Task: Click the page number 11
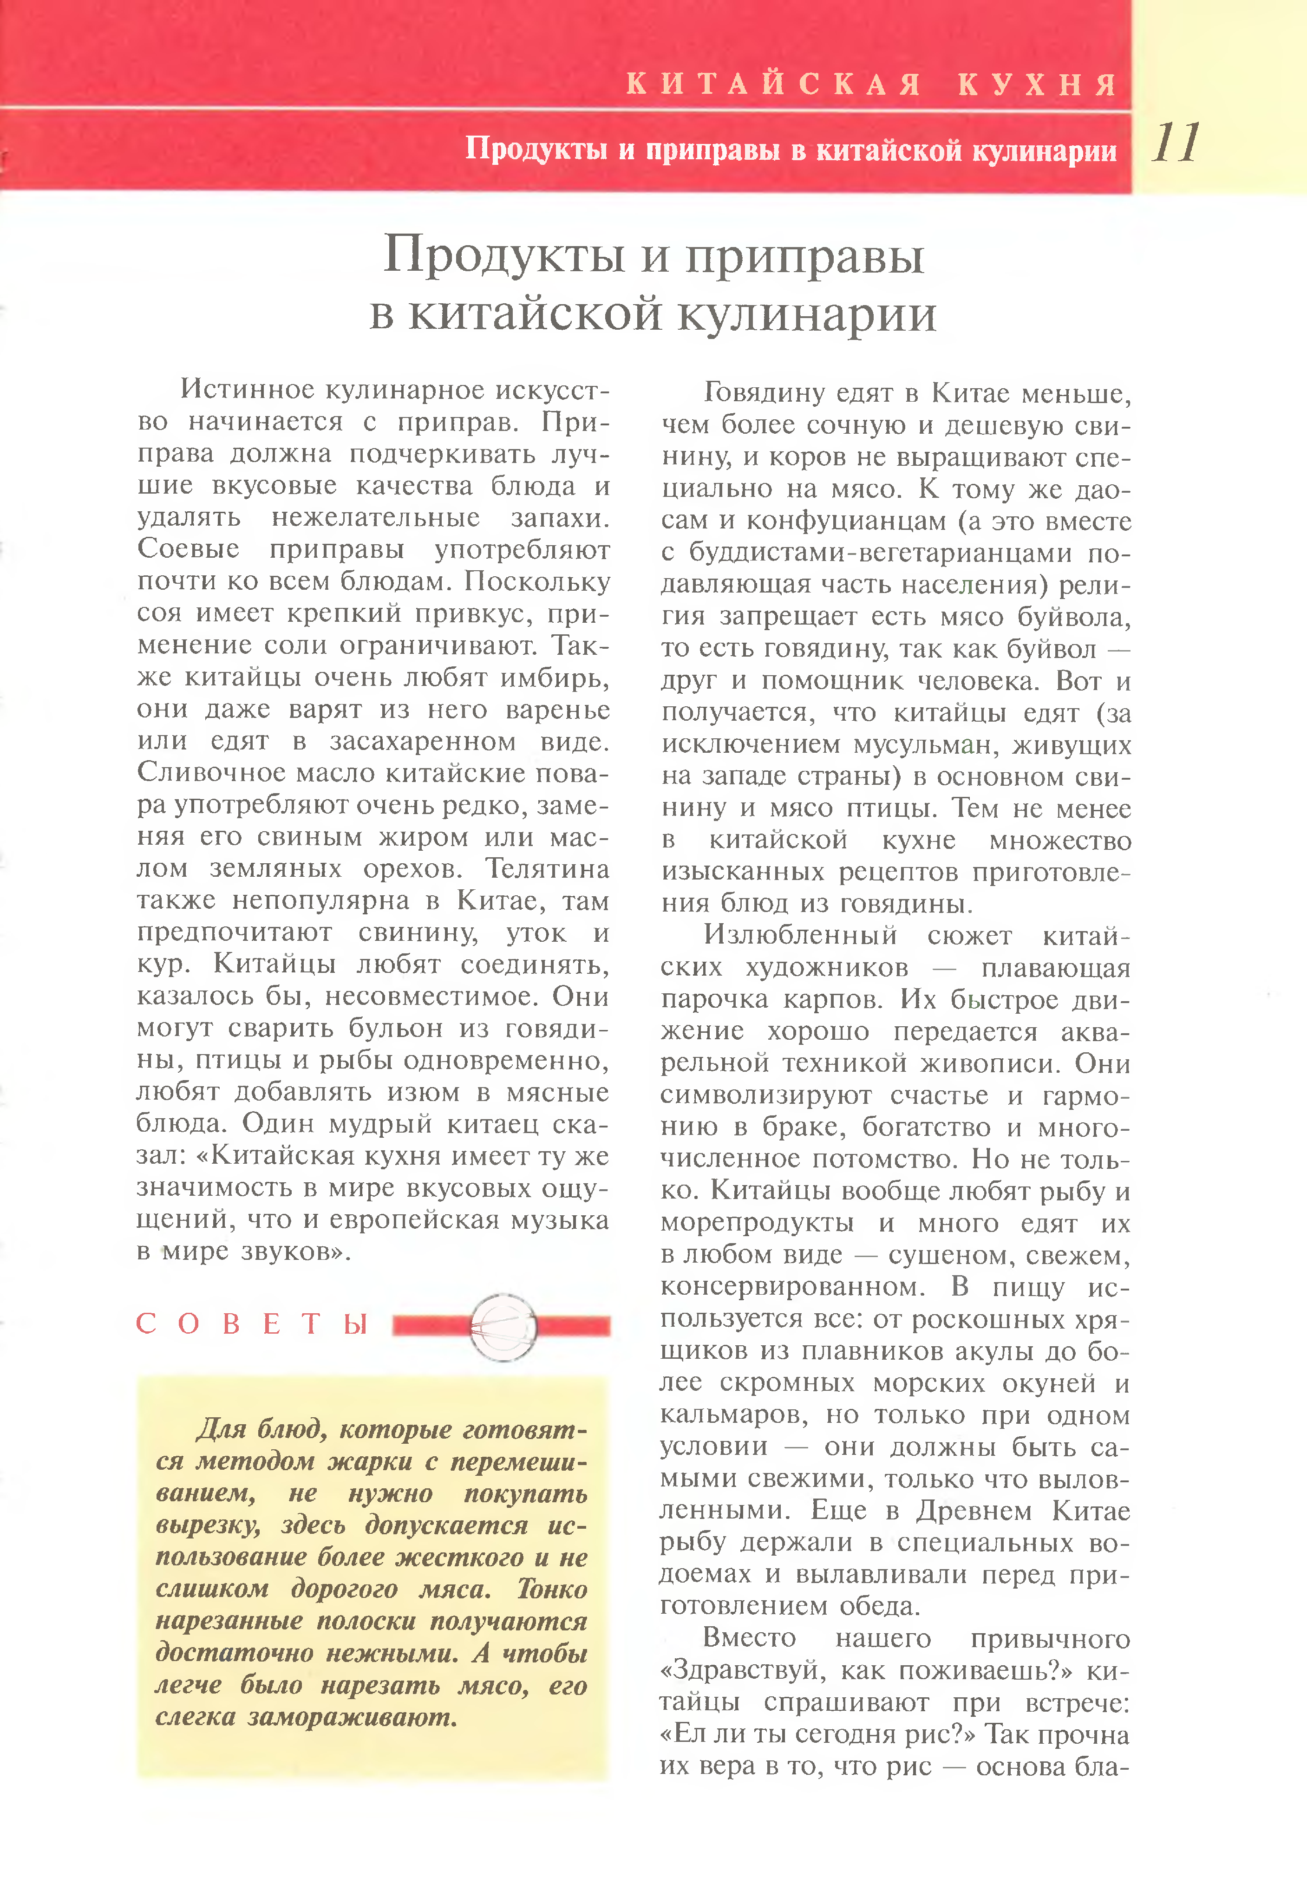click(x=1176, y=143)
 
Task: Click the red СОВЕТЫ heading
click(x=251, y=1324)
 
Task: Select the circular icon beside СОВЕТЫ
click(x=503, y=1327)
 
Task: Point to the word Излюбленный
click(x=800, y=935)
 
